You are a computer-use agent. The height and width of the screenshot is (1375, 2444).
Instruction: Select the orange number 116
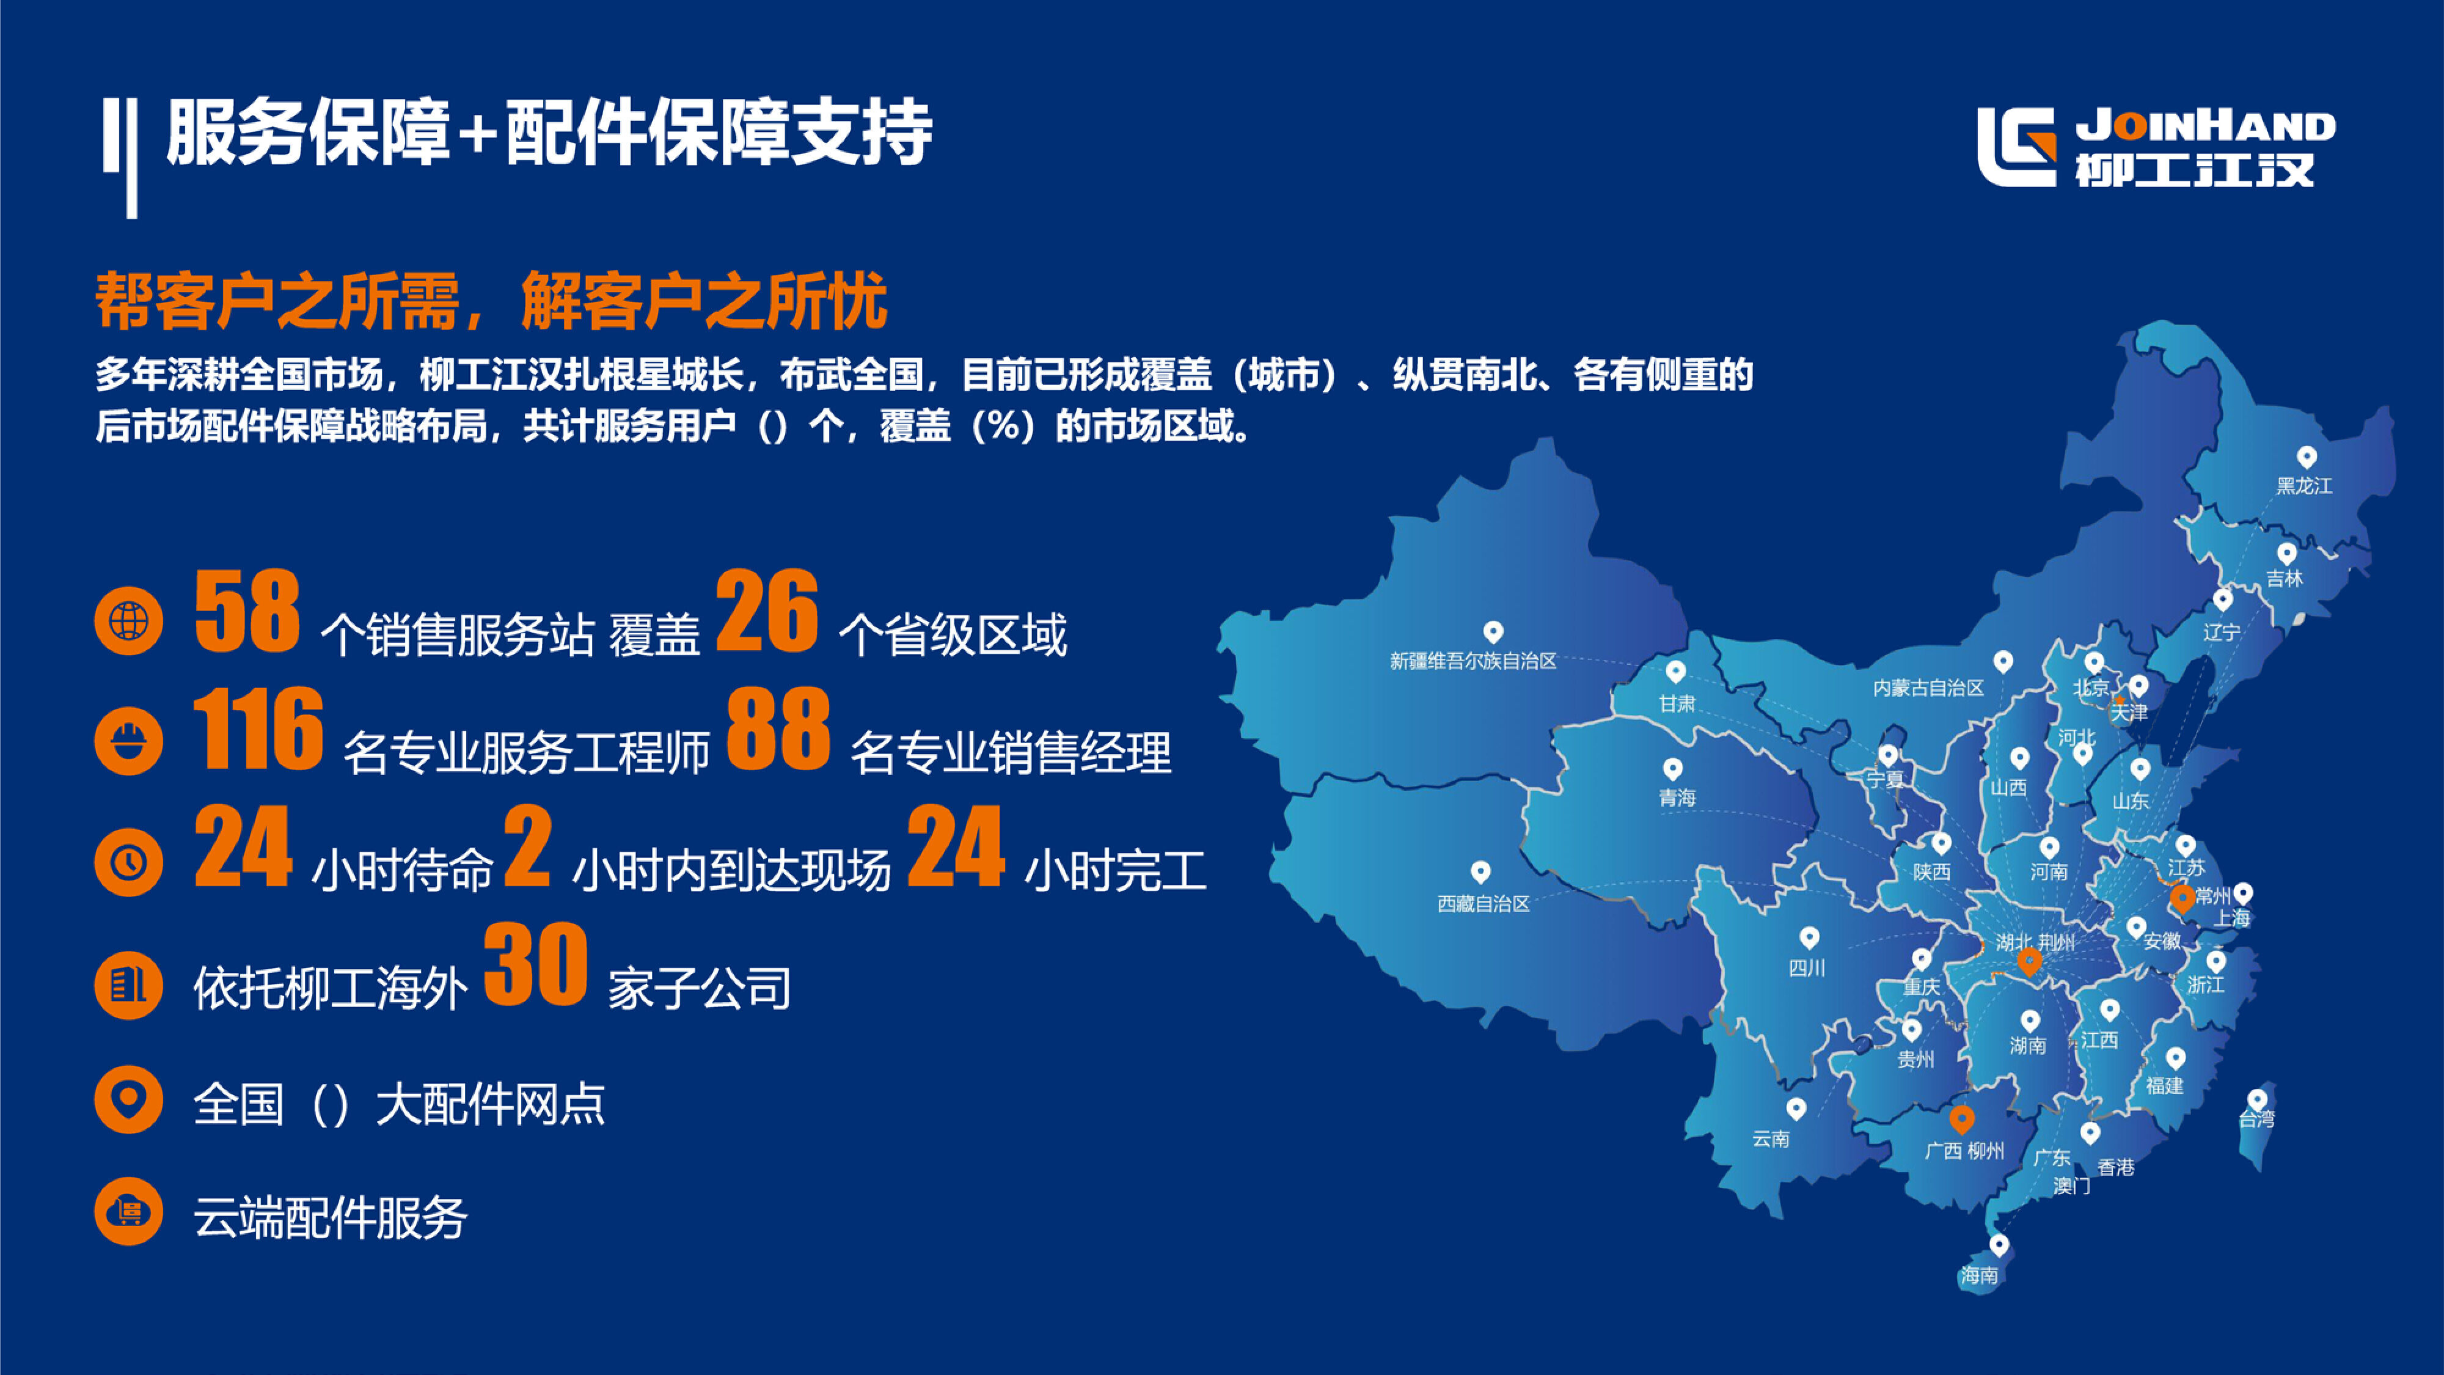point(258,729)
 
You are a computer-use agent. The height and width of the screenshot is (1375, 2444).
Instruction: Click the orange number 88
point(778,729)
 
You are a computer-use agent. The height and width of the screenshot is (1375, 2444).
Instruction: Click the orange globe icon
point(129,621)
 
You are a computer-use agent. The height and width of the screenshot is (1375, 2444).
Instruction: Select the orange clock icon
point(129,862)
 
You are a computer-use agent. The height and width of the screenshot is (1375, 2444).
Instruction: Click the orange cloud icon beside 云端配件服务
point(129,1212)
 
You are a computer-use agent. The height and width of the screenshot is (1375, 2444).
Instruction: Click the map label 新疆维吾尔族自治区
point(1473,661)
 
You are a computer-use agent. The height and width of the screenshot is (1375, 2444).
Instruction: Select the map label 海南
point(1979,1275)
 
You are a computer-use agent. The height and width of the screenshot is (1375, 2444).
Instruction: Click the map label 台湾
point(2256,1120)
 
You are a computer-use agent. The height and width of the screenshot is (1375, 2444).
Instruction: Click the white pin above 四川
point(1809,937)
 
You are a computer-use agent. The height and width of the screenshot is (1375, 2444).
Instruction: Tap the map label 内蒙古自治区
point(1928,688)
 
